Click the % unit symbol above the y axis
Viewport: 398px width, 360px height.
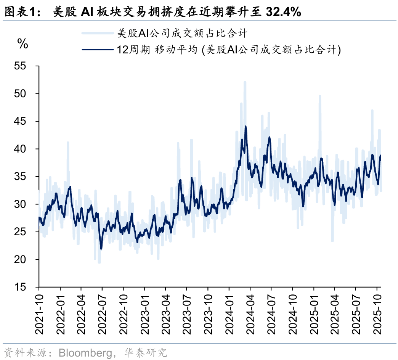click(x=23, y=44)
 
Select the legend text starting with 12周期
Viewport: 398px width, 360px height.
click(x=229, y=50)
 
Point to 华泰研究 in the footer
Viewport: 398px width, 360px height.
click(x=146, y=352)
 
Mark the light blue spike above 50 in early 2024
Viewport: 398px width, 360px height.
click(x=245, y=82)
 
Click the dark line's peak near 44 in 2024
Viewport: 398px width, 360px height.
click(x=246, y=127)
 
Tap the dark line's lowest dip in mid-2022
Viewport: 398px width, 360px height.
click(x=101, y=249)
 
